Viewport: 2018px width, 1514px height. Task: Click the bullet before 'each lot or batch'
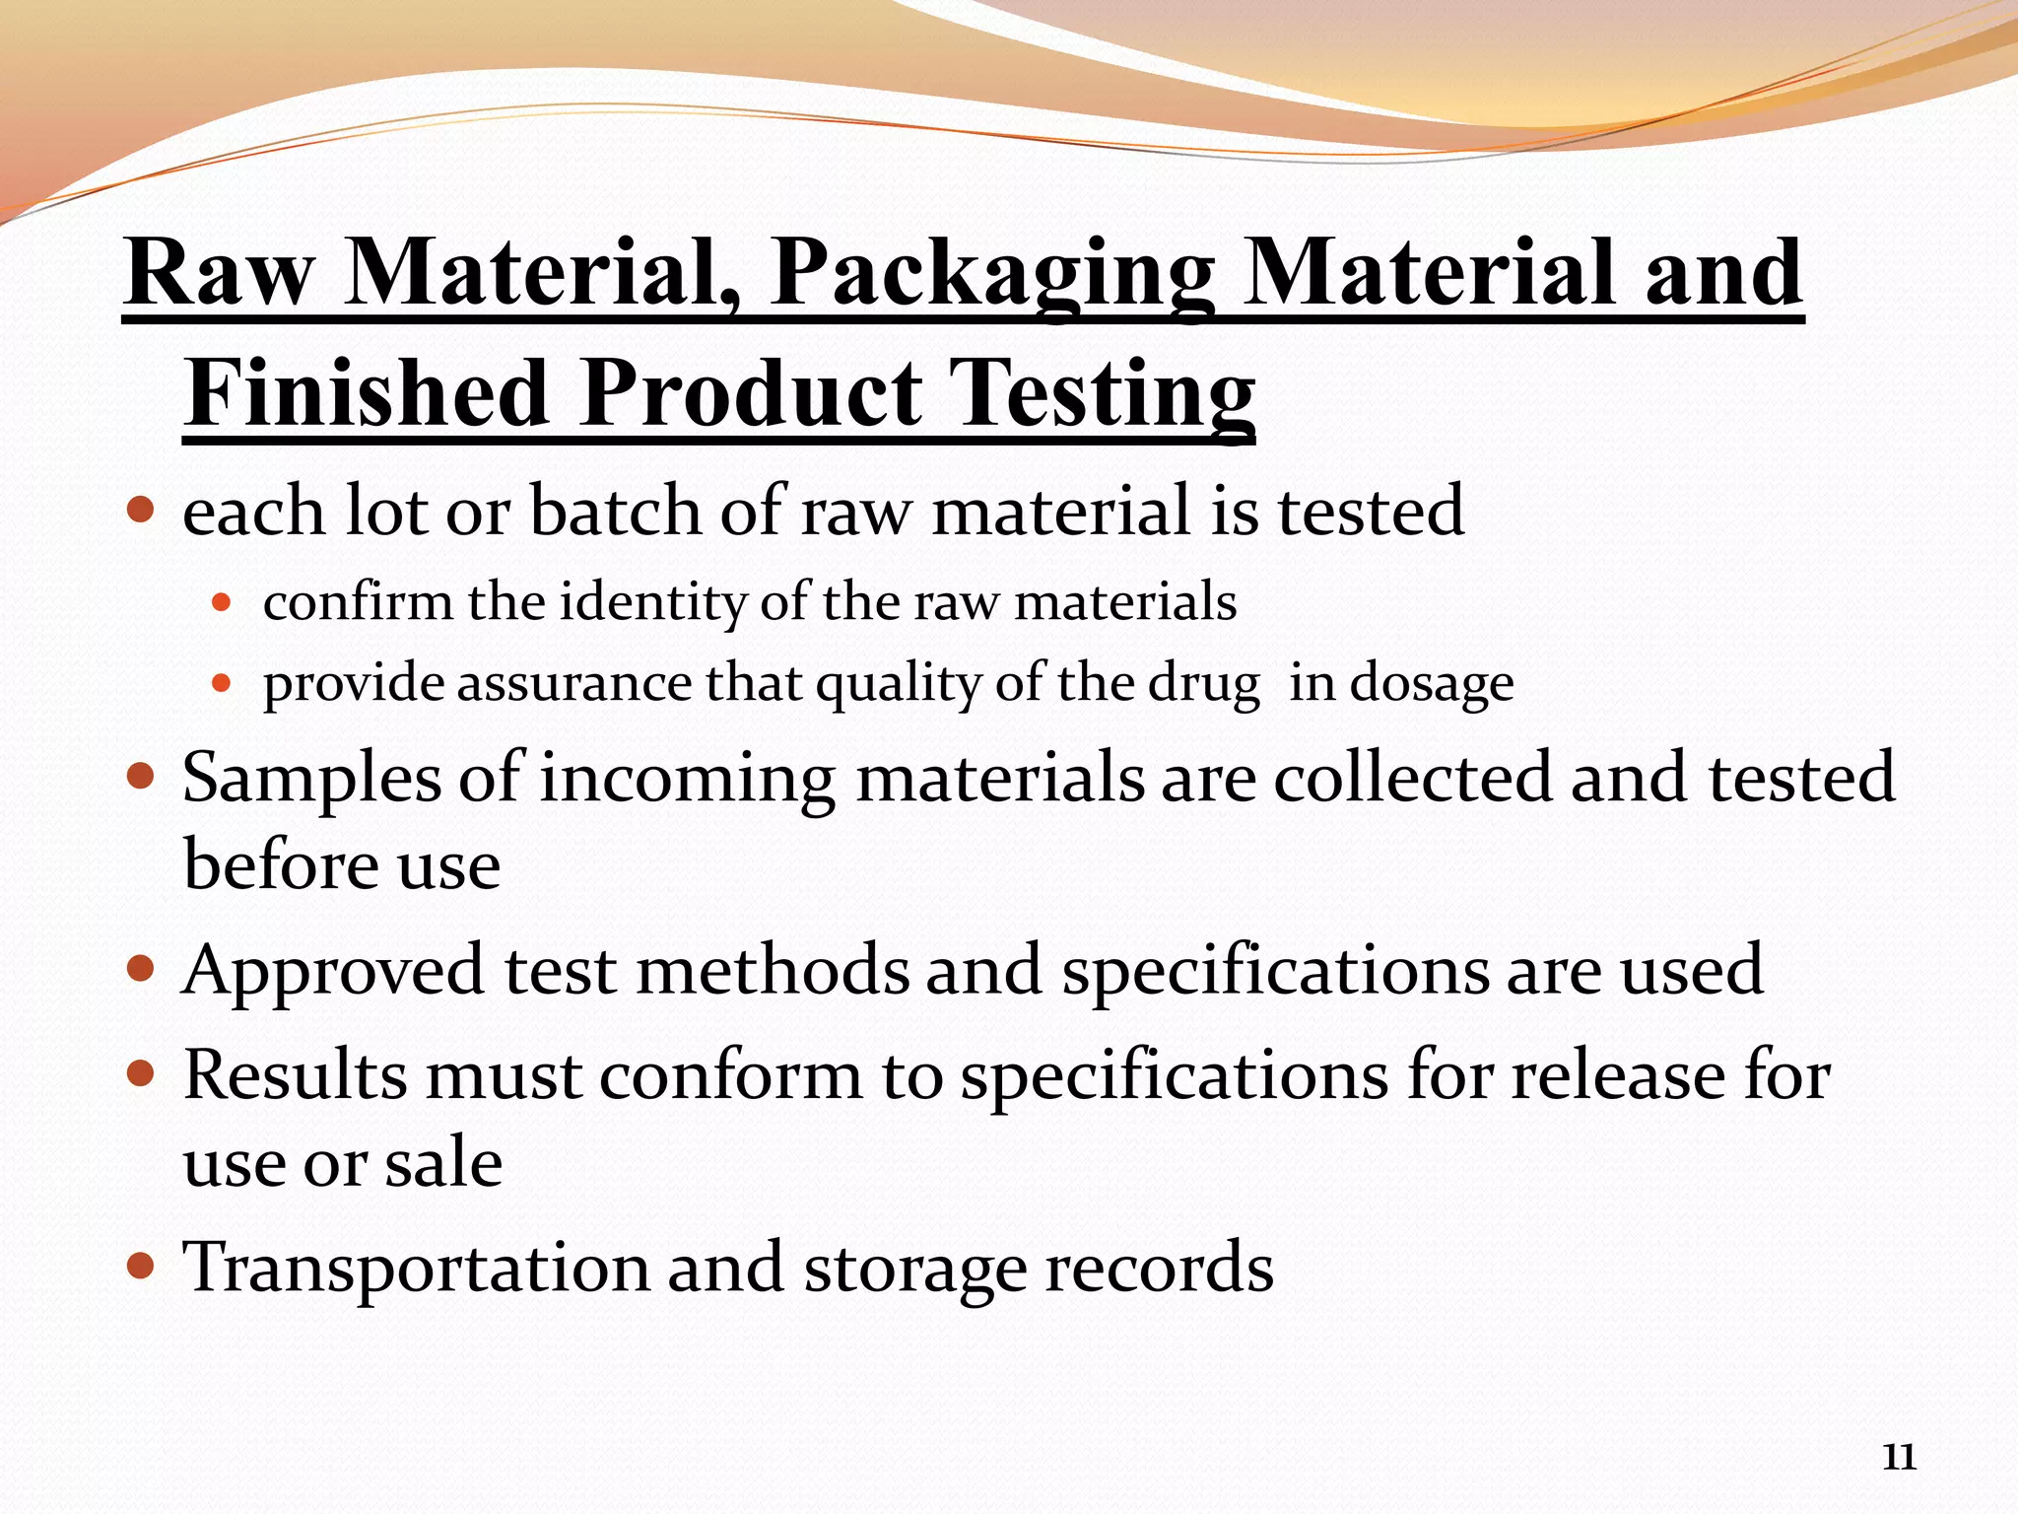click(x=142, y=511)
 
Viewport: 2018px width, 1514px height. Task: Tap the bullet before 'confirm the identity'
click(x=222, y=601)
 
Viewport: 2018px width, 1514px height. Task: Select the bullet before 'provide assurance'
click(x=222, y=682)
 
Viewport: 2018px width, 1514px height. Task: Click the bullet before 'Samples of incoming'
click(x=142, y=777)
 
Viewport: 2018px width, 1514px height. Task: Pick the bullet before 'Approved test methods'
click(x=142, y=970)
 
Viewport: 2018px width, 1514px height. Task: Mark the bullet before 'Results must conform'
click(x=142, y=1073)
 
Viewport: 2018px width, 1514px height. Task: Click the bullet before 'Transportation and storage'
click(x=142, y=1266)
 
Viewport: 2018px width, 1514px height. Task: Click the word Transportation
click(x=416, y=1268)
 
